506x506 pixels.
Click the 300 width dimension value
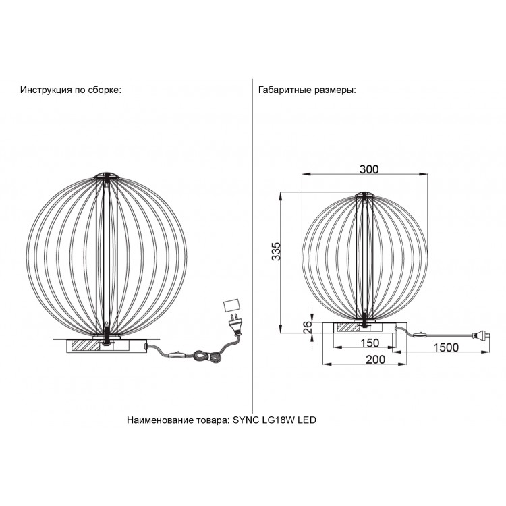point(369,169)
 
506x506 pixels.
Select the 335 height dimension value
point(276,252)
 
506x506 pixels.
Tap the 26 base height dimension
point(308,327)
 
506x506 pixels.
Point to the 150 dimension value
point(370,343)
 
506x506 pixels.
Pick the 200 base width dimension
point(376,359)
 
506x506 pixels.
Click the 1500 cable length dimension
point(446,347)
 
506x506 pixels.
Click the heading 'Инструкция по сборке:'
point(71,90)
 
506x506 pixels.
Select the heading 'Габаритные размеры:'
point(307,90)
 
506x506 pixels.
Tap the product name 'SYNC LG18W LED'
point(275,420)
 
